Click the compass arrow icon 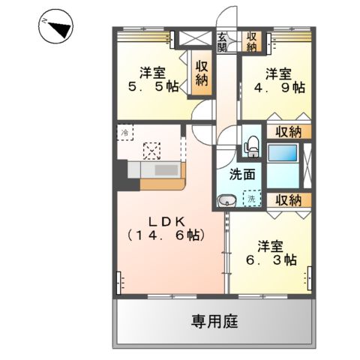(57, 28)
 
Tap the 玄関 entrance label (223, 41)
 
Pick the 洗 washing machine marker (253, 200)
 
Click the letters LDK (166, 222)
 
